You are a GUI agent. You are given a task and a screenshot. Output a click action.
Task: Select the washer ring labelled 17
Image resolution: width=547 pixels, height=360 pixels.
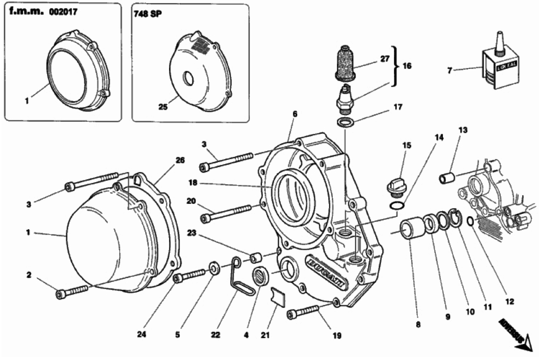345,122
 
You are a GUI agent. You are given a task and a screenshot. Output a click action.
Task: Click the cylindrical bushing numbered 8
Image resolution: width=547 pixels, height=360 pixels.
411,229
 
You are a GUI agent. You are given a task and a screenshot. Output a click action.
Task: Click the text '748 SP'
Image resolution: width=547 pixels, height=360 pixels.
147,14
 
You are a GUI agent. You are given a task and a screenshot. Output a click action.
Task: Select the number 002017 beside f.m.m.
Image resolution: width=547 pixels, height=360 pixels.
63,12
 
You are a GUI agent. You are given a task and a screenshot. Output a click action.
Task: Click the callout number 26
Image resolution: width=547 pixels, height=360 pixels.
180,160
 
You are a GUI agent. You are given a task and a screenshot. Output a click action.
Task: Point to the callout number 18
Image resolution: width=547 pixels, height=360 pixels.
192,183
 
